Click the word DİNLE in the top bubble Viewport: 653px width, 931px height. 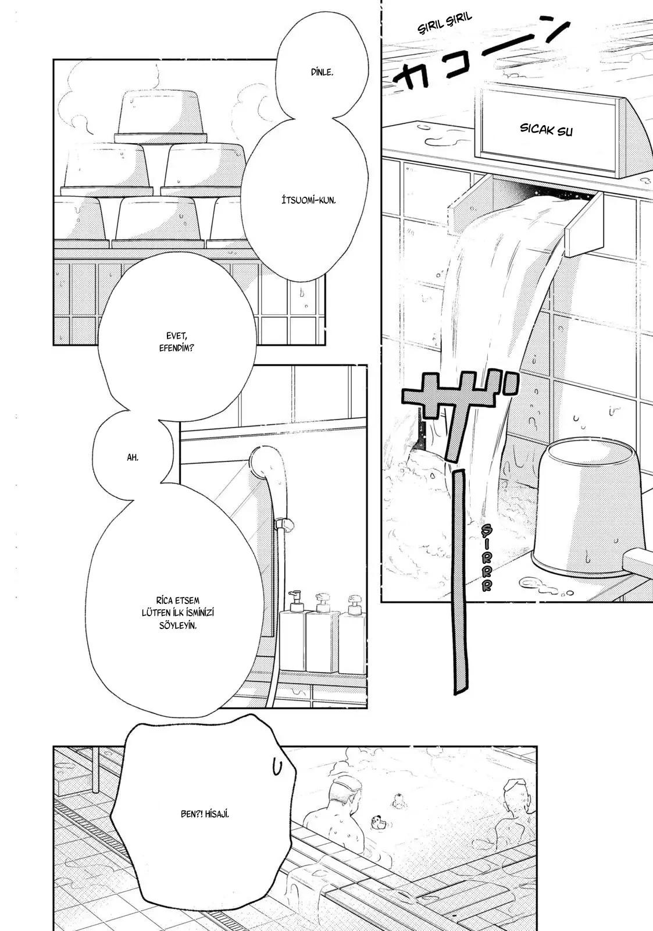coord(322,72)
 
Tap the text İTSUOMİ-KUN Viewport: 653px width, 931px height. coord(308,200)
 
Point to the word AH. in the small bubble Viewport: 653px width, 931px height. coord(133,457)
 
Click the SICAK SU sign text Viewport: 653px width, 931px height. coord(546,130)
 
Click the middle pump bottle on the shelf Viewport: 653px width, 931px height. coord(323,632)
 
